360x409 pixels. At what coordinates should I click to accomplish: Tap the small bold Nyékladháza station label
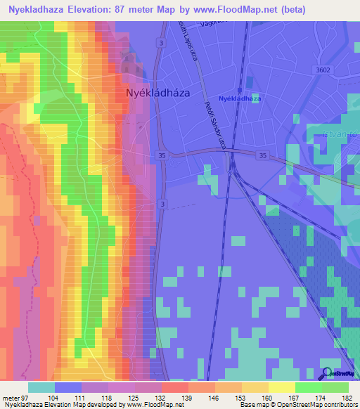pyautogui.click(x=239, y=99)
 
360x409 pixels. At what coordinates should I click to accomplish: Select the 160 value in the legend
pyautogui.click(x=267, y=398)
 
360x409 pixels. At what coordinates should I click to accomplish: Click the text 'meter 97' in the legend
pyautogui.click(x=16, y=398)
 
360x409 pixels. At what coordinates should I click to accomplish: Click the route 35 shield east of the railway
pyautogui.click(x=263, y=155)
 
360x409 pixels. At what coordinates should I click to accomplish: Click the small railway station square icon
pyautogui.click(x=239, y=90)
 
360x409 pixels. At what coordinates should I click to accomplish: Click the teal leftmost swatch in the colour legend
pyautogui.click(x=41, y=387)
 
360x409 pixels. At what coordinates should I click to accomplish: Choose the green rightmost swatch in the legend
pyautogui.click(x=335, y=387)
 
